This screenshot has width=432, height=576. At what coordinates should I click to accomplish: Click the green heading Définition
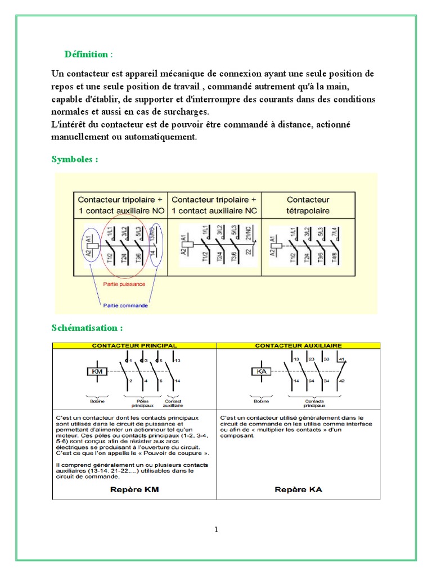86,55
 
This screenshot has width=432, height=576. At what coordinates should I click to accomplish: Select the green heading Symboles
74,159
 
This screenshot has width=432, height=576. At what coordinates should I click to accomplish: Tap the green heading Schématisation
87,327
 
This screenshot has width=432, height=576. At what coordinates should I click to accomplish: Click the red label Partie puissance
124,284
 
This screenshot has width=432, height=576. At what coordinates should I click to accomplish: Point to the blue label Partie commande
125,305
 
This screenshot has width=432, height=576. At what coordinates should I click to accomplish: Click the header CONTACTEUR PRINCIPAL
134,345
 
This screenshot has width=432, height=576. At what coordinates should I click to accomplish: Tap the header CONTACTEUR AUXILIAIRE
299,345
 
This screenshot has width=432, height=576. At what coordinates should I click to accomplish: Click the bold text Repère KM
134,489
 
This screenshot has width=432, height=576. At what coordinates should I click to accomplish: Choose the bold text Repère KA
298,489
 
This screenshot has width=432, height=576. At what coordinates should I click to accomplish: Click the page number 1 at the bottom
215,529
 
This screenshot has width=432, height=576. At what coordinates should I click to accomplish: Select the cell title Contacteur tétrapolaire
308,205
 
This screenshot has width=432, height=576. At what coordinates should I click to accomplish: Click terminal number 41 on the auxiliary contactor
341,359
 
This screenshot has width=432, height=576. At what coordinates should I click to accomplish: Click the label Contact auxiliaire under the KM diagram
172,402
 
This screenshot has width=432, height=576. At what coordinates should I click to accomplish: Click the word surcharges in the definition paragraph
184,111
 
